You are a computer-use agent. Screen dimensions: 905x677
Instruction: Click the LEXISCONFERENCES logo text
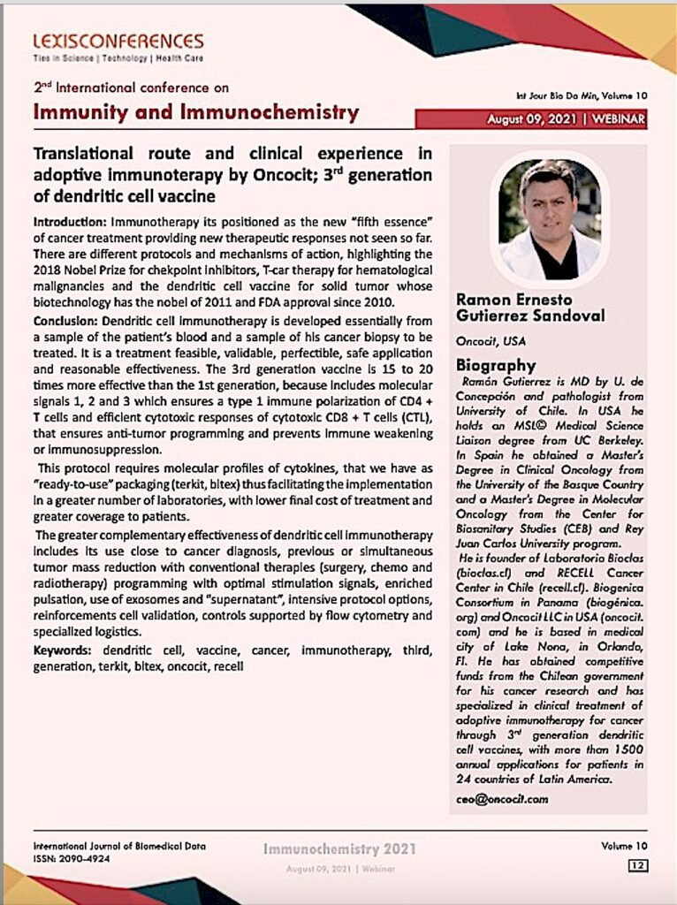click(118, 41)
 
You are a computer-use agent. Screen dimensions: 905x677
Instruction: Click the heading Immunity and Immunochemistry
click(196, 112)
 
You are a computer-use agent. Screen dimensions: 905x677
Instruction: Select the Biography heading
click(496, 365)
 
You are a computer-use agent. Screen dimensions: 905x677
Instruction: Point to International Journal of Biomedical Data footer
click(119, 846)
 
